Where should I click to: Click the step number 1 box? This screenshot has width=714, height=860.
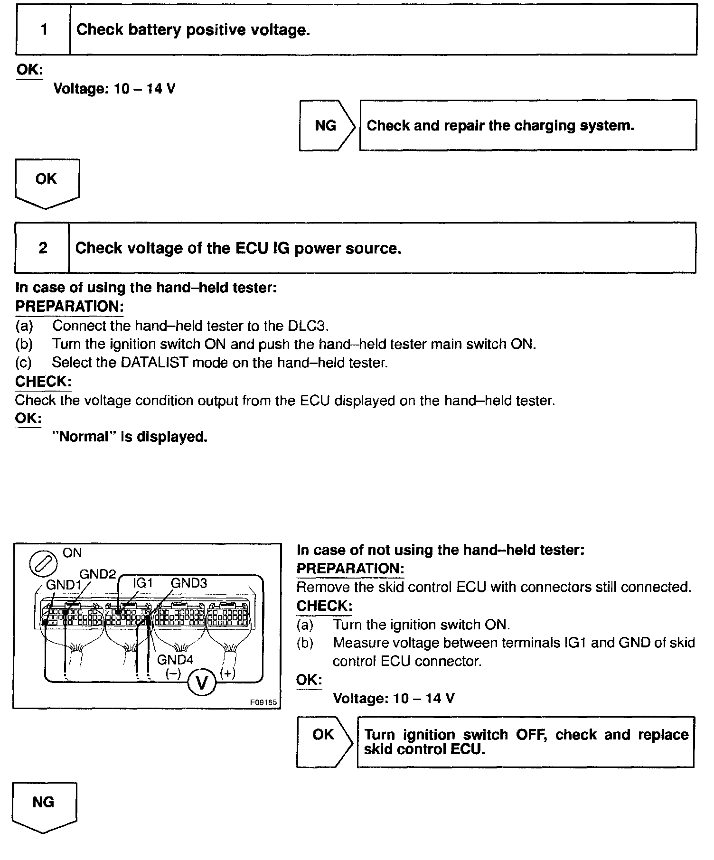(44, 30)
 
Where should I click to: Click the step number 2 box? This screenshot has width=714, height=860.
(43, 248)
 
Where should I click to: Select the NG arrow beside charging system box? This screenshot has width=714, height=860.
(326, 126)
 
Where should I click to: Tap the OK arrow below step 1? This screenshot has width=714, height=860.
(47, 182)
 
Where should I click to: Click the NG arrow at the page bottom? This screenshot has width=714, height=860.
(44, 805)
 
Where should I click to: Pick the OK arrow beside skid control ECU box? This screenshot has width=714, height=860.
(324, 741)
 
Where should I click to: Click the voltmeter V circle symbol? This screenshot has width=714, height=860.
(202, 683)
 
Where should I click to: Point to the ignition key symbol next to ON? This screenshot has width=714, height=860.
(44, 564)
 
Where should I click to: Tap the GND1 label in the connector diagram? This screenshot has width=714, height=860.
(63, 585)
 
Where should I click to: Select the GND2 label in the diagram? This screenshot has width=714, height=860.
(98, 574)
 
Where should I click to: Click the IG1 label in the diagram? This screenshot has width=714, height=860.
(142, 583)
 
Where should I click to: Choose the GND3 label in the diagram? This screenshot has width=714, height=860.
(189, 583)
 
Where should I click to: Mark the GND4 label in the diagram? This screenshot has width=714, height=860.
(175, 660)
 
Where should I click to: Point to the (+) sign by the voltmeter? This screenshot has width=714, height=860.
(228, 673)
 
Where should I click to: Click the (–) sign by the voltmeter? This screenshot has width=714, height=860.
(173, 674)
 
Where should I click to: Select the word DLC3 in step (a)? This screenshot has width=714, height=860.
(308, 326)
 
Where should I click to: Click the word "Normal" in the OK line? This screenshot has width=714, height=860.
(84, 437)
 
